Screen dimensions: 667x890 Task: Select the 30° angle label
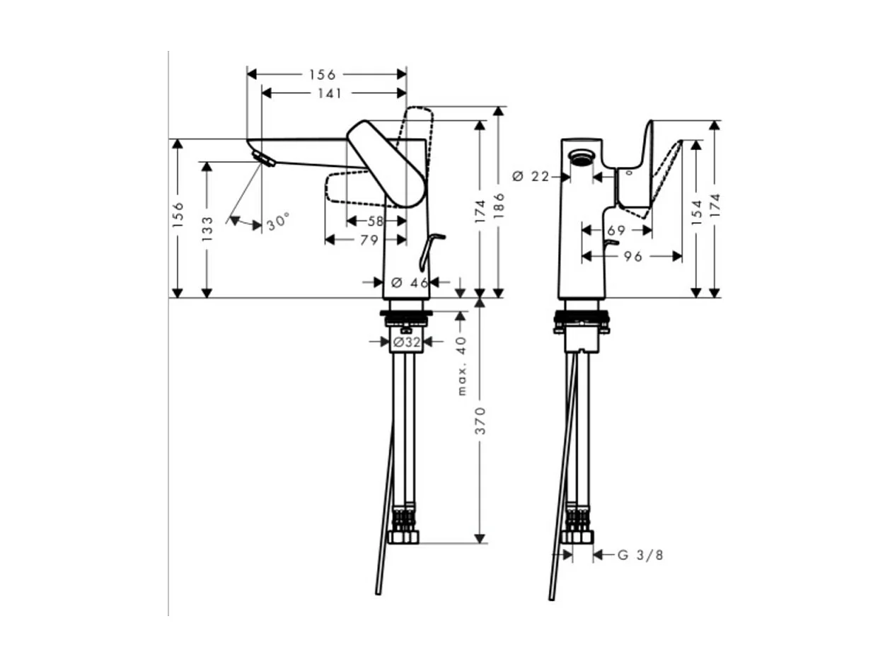click(x=278, y=221)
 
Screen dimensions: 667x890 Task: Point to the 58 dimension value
click(x=376, y=221)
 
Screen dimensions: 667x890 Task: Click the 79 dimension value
click(x=369, y=240)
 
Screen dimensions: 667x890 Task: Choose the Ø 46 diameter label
click(x=409, y=282)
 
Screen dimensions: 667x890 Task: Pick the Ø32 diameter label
click(x=407, y=342)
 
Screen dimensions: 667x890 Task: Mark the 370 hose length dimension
click(x=480, y=420)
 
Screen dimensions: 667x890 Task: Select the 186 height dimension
click(x=499, y=203)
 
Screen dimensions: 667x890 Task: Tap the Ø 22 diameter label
click(x=530, y=176)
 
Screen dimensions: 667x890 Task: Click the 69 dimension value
click(x=616, y=230)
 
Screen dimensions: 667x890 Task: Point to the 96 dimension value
click(x=633, y=256)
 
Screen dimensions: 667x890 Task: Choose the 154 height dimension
click(x=696, y=213)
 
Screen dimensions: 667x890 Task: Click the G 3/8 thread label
click(x=640, y=555)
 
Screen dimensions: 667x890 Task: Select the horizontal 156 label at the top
click(x=323, y=74)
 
